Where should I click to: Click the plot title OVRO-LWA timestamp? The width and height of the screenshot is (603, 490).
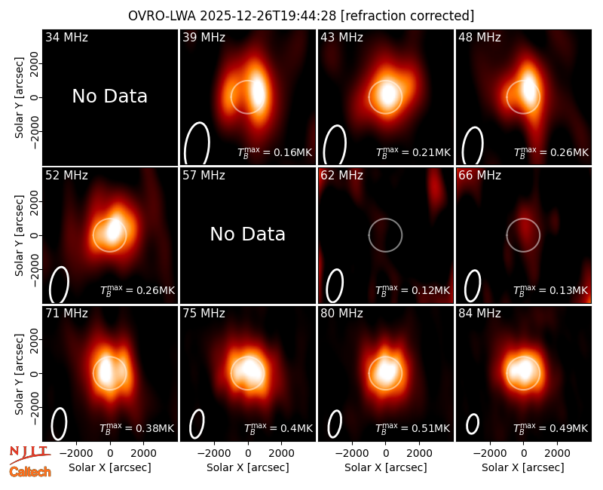tap(301, 16)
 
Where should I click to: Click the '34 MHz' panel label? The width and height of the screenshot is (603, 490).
tap(66, 37)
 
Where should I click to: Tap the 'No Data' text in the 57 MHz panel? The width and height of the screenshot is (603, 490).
tap(248, 234)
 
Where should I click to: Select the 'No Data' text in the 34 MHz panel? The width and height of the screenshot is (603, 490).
tap(109, 96)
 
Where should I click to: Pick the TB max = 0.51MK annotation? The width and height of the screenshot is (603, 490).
tap(412, 427)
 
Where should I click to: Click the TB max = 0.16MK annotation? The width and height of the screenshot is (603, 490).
tap(274, 152)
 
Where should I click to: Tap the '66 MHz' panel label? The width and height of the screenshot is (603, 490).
tap(479, 176)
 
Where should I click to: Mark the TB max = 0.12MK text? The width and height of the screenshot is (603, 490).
tap(412, 290)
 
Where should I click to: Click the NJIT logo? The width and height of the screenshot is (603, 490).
tap(29, 453)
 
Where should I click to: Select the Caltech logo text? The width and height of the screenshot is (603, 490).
tap(30, 472)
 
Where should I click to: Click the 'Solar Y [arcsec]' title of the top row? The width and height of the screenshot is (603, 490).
tap(19, 98)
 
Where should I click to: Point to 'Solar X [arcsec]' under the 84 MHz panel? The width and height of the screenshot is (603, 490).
tap(523, 467)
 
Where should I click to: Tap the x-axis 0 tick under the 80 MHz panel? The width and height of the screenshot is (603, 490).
tap(386, 453)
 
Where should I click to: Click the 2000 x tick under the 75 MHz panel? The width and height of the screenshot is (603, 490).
tap(281, 453)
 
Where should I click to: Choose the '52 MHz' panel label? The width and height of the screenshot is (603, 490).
tap(66, 176)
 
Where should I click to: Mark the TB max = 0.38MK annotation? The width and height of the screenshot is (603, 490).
tap(137, 427)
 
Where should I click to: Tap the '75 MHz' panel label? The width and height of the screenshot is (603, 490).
tap(204, 313)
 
